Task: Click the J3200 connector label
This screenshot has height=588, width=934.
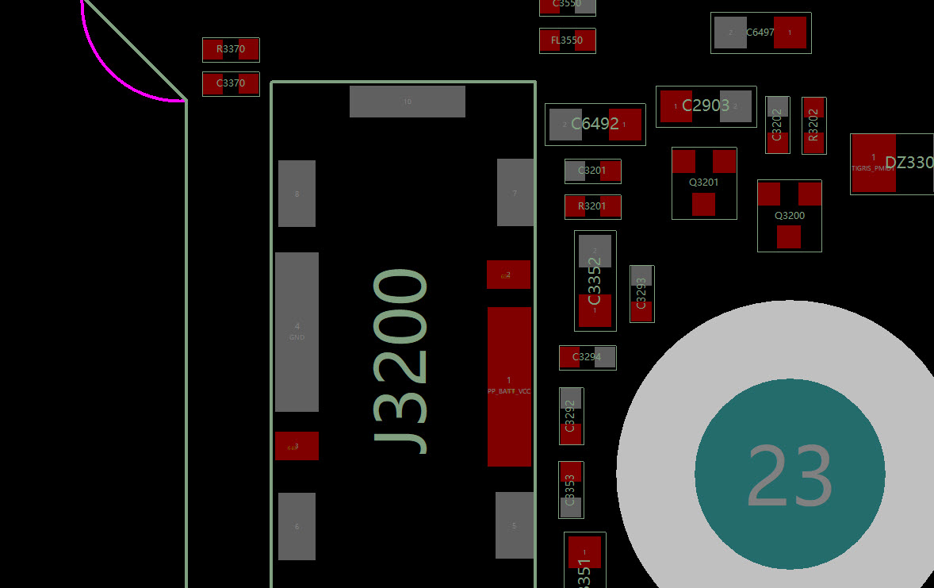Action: point(402,362)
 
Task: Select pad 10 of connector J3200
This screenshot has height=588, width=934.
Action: point(407,102)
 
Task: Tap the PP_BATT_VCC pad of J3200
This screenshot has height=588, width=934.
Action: point(509,386)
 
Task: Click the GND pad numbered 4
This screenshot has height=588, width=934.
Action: point(297,332)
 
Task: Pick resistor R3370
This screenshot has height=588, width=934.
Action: point(231,49)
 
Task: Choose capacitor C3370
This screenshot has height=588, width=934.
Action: point(231,83)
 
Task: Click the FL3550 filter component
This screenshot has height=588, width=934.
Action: point(567,40)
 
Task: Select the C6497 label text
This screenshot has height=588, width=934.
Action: point(760,33)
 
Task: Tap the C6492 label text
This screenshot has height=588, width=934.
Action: point(595,124)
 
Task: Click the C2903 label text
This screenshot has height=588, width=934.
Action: point(706,106)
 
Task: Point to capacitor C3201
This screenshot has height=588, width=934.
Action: point(592,171)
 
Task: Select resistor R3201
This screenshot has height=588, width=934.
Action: point(592,206)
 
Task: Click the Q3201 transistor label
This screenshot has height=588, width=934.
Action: point(703,183)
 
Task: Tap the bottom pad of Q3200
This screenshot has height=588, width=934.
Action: point(789,236)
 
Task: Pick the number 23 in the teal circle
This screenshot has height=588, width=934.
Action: point(790,475)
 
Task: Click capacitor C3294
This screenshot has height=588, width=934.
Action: point(587,357)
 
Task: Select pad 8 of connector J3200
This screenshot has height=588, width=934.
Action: point(297,194)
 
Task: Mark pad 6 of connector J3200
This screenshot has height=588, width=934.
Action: point(297,526)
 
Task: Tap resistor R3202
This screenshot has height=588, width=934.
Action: point(813,125)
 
